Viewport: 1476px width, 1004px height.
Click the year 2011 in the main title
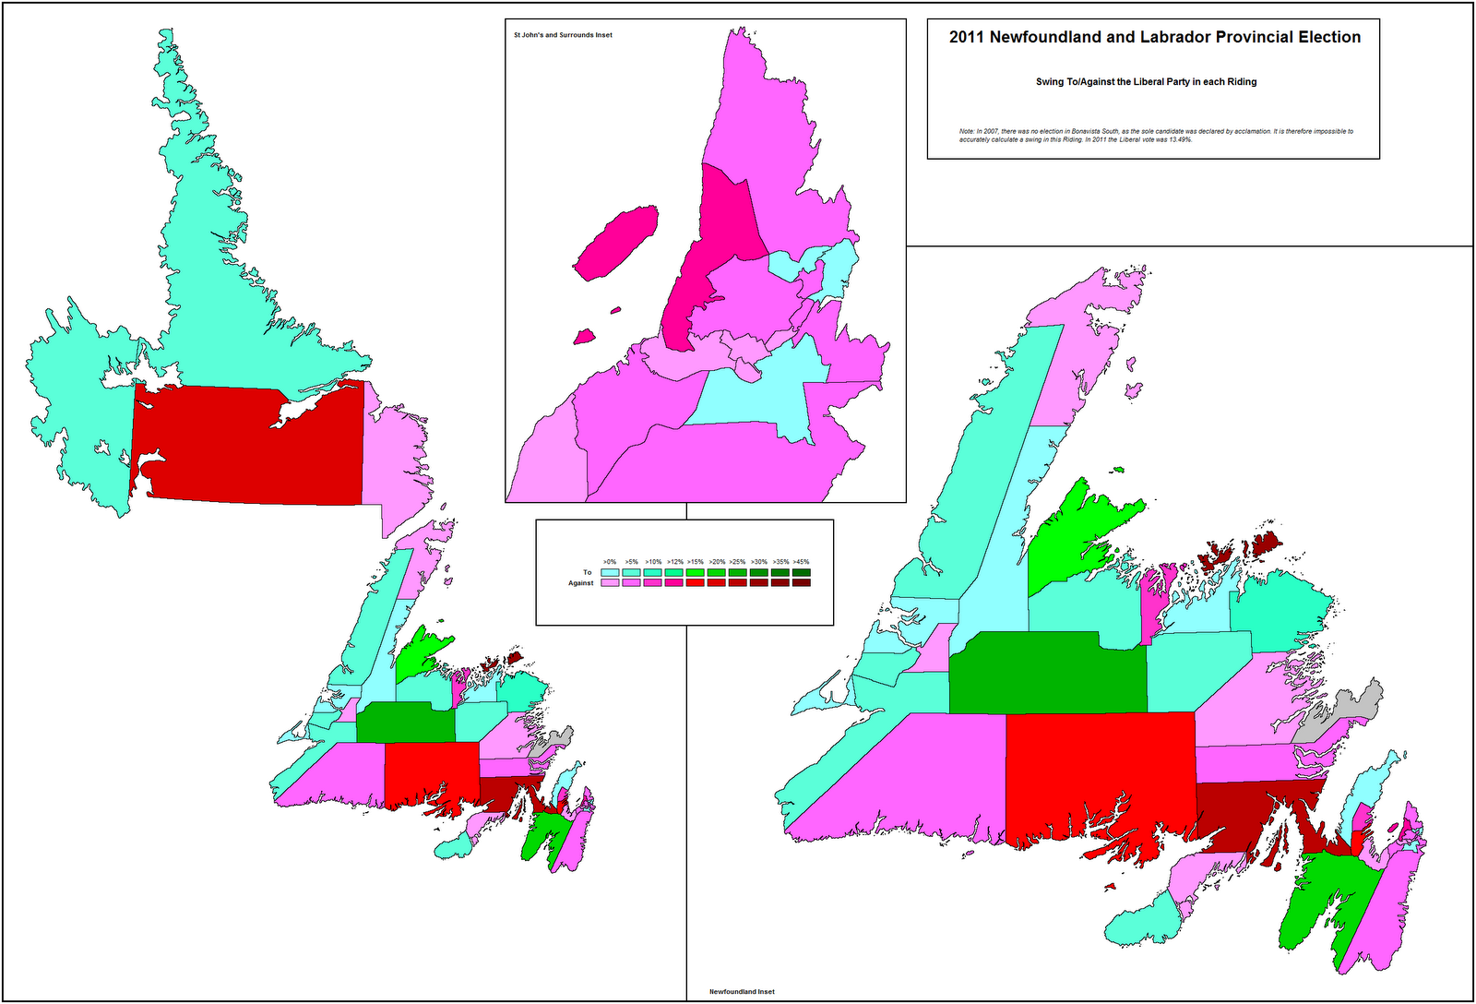967,37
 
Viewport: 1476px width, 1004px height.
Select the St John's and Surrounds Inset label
563,35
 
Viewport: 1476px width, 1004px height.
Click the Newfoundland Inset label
742,992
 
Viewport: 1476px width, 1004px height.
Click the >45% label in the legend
801,561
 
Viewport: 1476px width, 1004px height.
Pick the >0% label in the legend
610,561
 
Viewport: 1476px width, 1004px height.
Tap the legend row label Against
581,583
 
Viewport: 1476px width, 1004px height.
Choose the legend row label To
587,572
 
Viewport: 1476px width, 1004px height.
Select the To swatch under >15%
695,572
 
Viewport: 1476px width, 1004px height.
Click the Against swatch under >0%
610,583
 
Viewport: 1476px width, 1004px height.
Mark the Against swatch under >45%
801,583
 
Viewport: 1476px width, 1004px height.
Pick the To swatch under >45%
801,572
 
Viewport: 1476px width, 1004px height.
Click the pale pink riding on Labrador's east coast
392,461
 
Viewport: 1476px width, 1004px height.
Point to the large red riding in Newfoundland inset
1098,766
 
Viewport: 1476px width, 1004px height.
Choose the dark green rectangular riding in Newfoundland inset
1047,674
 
